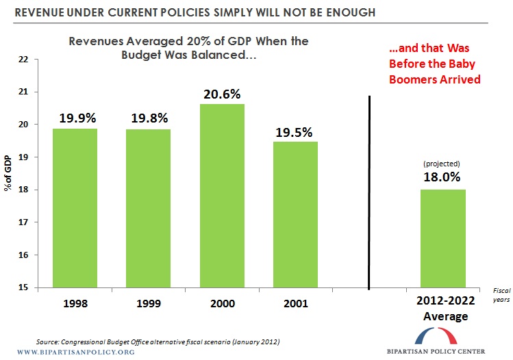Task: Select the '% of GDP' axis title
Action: click(x=8, y=173)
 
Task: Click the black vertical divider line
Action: click(x=370, y=192)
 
